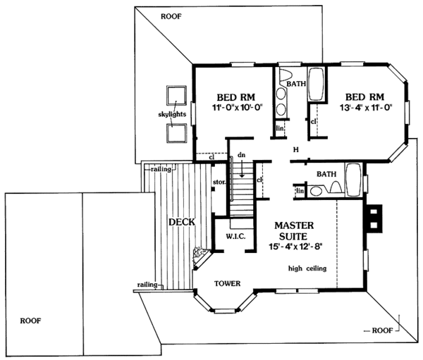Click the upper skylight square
pyautogui.click(x=175, y=95)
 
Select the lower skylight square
pyautogui.click(x=175, y=132)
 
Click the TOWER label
pyautogui.click(x=228, y=284)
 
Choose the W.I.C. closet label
pyautogui.click(x=235, y=236)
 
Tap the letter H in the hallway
pyautogui.click(x=297, y=149)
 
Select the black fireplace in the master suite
pyautogui.click(x=374, y=218)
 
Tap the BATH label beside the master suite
pyautogui.click(x=326, y=173)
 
